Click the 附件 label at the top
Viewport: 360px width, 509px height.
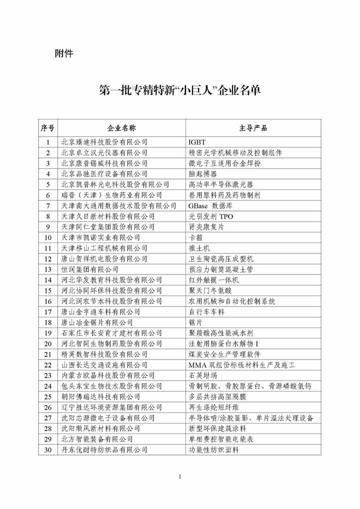pos(63,52)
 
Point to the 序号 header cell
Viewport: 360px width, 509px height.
pos(48,128)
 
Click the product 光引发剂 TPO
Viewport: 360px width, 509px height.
pos(210,216)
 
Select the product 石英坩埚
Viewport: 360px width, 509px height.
pos(202,375)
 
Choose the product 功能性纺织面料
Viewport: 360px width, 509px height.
pos(214,449)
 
